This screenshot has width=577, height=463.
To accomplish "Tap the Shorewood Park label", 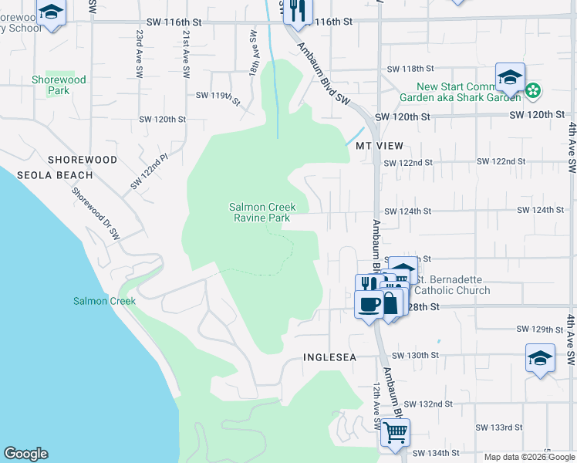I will [x=59, y=85].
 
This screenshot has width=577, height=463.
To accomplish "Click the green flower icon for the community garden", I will [x=533, y=91].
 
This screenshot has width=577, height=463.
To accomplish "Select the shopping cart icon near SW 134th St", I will [x=395, y=435].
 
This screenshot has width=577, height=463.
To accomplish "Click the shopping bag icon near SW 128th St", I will [x=391, y=302].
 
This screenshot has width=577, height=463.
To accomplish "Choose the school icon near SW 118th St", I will [x=510, y=78].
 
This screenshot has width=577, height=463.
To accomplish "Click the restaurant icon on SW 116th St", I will [x=297, y=12].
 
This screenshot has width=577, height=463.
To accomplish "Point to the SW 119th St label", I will [x=218, y=97].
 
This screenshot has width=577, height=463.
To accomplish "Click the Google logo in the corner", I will [x=25, y=454].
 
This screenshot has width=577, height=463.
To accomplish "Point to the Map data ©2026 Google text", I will [x=528, y=457].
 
